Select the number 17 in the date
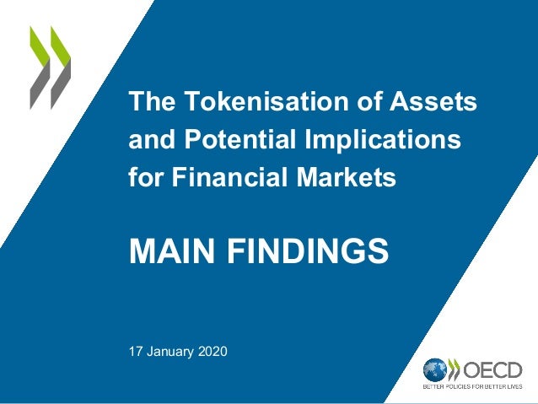(135, 350)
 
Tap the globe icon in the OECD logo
(435, 369)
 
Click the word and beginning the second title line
(146, 140)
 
